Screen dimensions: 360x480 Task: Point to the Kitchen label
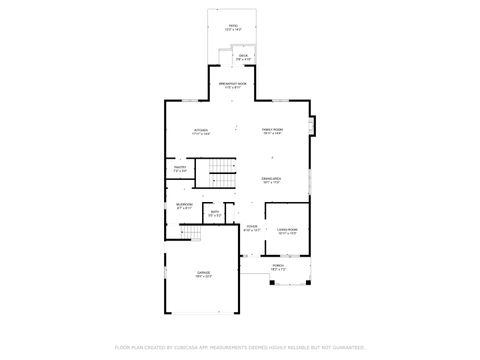(x=200, y=132)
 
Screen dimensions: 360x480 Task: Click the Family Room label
(x=272, y=132)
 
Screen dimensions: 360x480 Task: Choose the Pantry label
(x=180, y=169)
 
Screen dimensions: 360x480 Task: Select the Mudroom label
(x=184, y=207)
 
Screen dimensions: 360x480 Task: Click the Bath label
(x=214, y=213)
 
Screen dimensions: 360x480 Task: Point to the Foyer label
(x=252, y=229)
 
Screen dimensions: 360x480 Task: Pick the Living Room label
(x=287, y=231)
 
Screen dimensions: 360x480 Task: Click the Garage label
(x=203, y=277)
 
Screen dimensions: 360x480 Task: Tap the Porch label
(x=278, y=268)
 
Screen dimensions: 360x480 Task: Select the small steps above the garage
(x=191, y=233)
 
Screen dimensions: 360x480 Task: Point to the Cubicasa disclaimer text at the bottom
(x=240, y=347)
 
